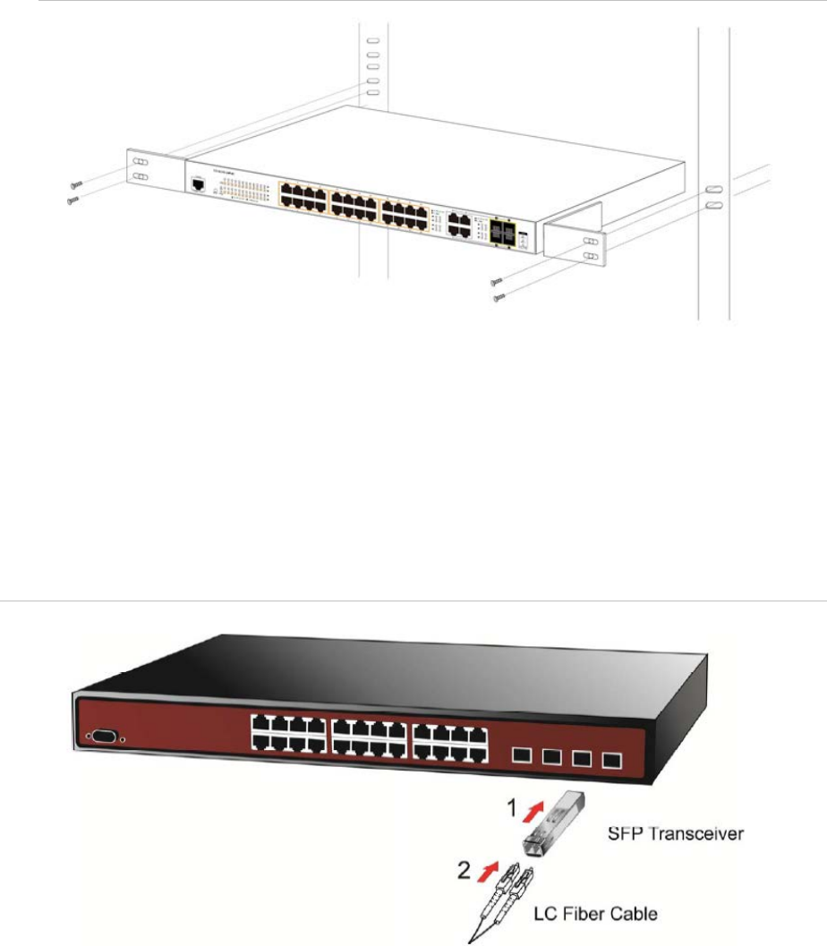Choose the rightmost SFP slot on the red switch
click(612, 762)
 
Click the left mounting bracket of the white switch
click(155, 171)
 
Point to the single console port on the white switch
click(197, 184)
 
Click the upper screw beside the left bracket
click(77, 183)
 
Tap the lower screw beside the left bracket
click(73, 200)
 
